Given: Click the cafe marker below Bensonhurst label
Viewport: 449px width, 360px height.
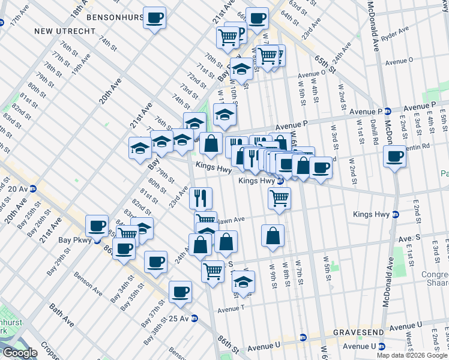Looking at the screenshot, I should point(155,18).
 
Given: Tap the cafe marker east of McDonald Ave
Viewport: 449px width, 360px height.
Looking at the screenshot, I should point(394,157).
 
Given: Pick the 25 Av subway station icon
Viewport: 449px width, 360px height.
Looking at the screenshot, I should point(194,319).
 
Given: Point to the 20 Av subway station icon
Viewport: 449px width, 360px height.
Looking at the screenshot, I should point(34,188).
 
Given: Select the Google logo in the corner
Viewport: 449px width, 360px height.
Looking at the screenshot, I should point(20,353).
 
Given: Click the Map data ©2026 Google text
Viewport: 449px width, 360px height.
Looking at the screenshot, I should point(412,355).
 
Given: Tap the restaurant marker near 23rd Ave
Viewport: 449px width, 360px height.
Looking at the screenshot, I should point(201,197).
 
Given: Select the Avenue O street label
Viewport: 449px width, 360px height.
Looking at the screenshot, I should point(399,61).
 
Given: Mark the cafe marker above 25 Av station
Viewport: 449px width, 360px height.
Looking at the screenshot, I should point(180,292).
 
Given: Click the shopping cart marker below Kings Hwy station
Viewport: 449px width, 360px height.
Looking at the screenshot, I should point(279,197).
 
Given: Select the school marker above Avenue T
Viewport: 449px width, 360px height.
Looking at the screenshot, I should point(243,281).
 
